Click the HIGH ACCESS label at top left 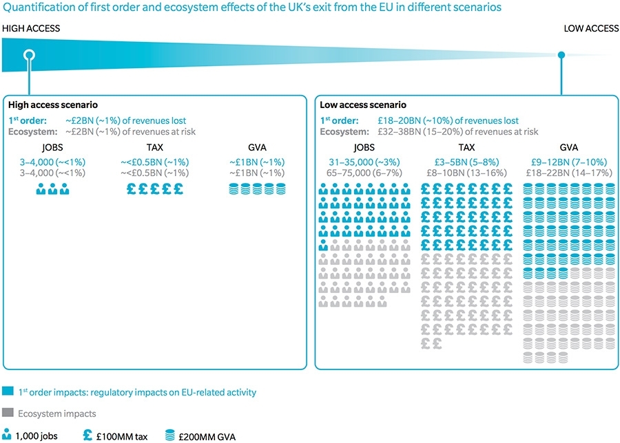point(31,28)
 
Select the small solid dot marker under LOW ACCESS point(561,55)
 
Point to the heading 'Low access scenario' point(362,105)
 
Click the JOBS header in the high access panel point(52,148)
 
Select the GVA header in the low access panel point(568,148)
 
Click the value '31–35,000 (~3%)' point(353,162)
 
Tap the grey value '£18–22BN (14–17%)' point(568,173)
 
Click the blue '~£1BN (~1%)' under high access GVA point(256,162)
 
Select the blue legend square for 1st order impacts point(8,392)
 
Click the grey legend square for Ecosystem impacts point(8,413)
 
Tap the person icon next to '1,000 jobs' point(8,435)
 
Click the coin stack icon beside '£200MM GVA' point(169,435)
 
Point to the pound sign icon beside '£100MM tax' point(87,435)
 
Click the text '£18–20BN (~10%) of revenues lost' point(448,120)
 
